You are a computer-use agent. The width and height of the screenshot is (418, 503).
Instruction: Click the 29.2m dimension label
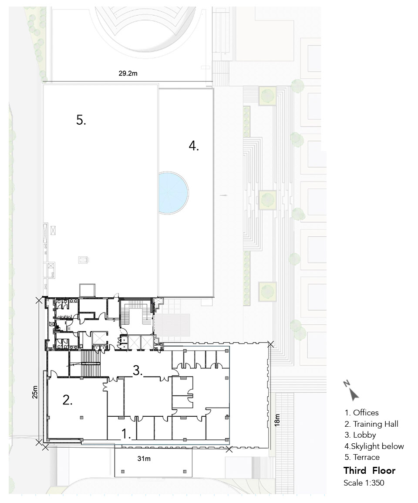128,73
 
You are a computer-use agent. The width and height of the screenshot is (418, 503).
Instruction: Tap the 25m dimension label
35,392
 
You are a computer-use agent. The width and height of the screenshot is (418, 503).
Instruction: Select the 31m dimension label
144,459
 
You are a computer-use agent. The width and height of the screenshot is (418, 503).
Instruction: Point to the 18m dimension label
277,420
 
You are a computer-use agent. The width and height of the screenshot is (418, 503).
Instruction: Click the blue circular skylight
173,193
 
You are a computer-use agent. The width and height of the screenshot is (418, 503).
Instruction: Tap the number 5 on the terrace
81,120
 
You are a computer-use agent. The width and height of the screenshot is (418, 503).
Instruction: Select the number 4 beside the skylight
194,146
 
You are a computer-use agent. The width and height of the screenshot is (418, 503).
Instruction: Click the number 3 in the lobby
138,370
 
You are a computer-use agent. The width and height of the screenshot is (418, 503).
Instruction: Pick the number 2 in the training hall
67,400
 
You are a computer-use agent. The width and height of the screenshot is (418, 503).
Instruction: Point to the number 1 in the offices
126,434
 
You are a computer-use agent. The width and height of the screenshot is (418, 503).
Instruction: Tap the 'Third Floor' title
369,471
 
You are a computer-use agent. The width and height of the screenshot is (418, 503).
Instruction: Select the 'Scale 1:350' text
364,483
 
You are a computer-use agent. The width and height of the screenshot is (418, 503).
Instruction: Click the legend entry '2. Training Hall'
371,424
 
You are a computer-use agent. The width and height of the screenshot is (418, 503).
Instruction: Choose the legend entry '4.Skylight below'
374,446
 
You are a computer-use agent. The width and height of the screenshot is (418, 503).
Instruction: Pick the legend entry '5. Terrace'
362,457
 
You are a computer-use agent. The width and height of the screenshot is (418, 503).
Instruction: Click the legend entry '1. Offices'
361,413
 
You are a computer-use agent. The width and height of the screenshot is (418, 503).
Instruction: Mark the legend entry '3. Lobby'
360,435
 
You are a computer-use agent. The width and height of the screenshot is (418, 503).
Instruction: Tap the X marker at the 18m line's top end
270,344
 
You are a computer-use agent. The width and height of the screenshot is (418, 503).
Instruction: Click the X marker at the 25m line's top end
39,301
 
